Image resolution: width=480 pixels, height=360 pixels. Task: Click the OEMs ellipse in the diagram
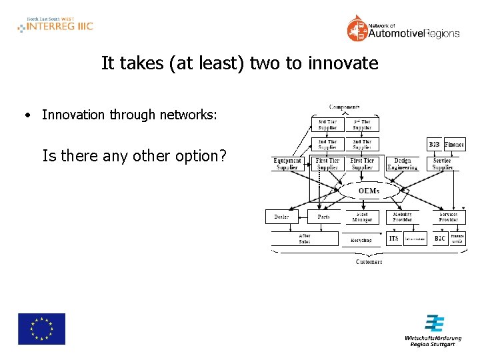[369, 191]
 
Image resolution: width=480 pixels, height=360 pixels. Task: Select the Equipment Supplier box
[288, 164]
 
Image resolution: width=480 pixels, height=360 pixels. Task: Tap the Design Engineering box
[403, 164]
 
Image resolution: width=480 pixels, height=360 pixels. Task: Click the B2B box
[435, 144]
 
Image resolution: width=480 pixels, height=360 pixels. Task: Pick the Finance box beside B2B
[455, 144]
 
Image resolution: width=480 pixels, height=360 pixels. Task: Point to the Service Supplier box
[442, 164]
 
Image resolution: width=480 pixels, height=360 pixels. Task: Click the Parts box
[323, 217]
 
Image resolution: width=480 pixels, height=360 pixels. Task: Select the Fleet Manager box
[363, 217]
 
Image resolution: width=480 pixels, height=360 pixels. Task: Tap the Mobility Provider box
[403, 217]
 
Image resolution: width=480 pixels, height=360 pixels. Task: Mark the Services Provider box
[448, 217]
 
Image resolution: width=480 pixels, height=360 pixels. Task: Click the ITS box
[394, 238]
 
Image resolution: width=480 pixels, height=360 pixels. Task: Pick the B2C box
[440, 238]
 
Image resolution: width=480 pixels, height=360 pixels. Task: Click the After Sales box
[304, 239]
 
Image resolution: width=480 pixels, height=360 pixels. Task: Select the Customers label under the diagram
[369, 262]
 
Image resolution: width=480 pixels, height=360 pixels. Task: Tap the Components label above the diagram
[345, 107]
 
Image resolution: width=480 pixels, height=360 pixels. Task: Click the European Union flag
[41, 329]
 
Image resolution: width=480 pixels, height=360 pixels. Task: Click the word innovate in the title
[343, 64]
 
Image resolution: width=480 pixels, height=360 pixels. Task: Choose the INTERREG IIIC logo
[55, 25]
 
